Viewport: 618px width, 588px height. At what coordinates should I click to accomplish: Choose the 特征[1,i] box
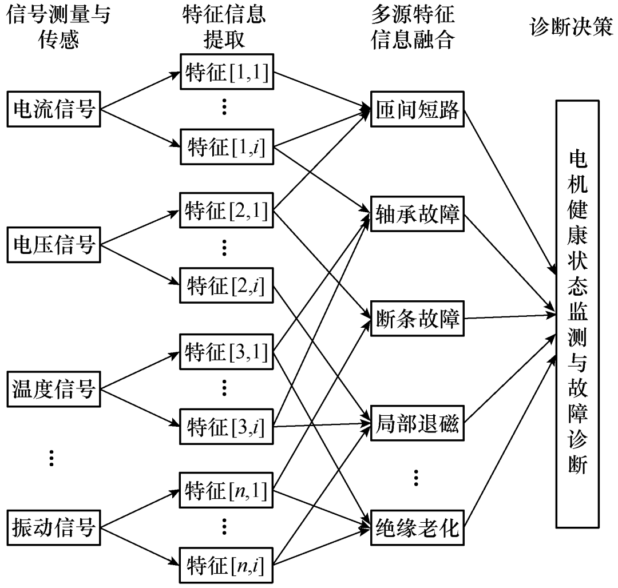[226, 148]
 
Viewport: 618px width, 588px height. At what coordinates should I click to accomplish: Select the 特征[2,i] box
[226, 285]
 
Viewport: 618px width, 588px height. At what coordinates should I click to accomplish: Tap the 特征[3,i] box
[226, 427]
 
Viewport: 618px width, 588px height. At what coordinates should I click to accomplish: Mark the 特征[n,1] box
[226, 491]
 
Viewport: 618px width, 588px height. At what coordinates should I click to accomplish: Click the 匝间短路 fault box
[418, 110]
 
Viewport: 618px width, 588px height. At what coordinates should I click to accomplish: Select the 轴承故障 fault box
[418, 215]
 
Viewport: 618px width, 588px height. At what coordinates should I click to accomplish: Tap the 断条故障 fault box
[418, 318]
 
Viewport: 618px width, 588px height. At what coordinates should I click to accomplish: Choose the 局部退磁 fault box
[418, 424]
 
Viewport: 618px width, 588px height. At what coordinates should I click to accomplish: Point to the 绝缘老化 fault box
[418, 527]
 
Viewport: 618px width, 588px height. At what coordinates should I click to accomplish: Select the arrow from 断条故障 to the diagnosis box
[509, 316]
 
